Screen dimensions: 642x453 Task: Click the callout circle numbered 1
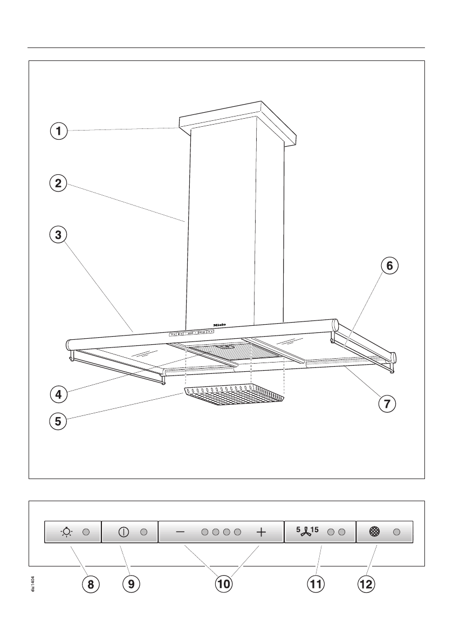[58, 130]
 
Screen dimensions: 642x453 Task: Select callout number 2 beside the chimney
[58, 183]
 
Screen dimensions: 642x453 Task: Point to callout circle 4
[58, 394]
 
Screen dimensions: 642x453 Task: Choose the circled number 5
[58, 421]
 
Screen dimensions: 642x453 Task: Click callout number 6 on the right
[389, 265]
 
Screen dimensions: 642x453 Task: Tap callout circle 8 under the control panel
[91, 583]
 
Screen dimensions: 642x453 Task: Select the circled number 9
[131, 583]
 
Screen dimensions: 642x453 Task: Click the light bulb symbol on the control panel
[67, 532]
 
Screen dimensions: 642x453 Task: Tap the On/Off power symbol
[123, 532]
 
